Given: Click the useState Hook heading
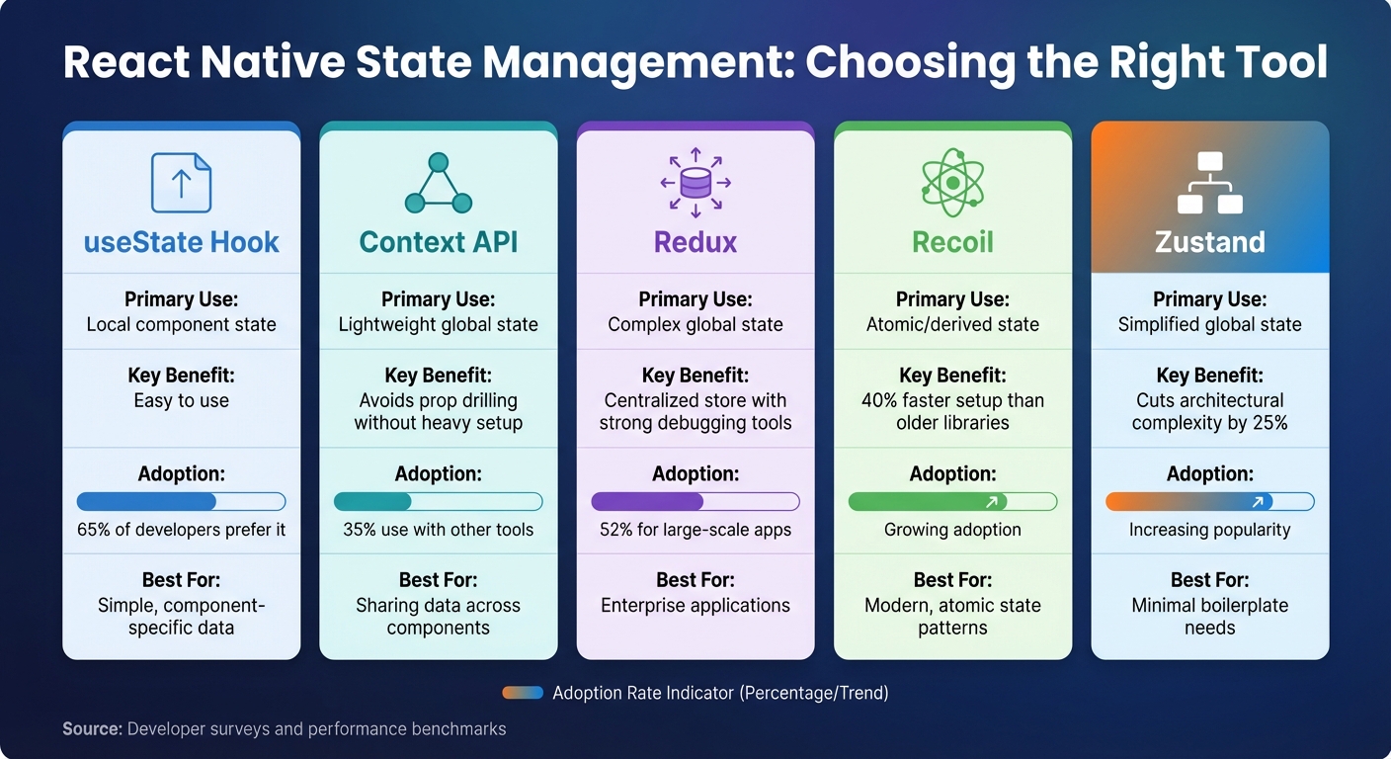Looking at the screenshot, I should click(x=181, y=242).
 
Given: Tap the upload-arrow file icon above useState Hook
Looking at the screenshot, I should click(x=181, y=183).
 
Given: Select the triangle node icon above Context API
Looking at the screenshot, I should click(x=439, y=184).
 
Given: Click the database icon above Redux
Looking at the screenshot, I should click(x=695, y=183).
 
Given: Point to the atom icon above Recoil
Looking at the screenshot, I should click(x=952, y=183).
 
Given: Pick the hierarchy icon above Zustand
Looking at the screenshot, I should click(x=1209, y=183).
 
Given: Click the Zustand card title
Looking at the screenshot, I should click(x=1209, y=242).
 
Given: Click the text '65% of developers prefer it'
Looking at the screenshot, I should click(x=181, y=530).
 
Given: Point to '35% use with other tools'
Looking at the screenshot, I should click(x=439, y=530).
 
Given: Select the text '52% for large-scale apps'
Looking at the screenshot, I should click(x=695, y=530).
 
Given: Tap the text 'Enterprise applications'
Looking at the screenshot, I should click(x=695, y=606).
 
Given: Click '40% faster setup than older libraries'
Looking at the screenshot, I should click(x=952, y=412).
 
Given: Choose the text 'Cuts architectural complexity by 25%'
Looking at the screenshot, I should click(x=1209, y=412).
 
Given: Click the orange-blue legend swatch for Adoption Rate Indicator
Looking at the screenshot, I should click(x=523, y=693).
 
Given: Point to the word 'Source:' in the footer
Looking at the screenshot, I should click(x=93, y=729).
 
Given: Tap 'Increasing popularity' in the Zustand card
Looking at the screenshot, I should click(x=1209, y=530).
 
